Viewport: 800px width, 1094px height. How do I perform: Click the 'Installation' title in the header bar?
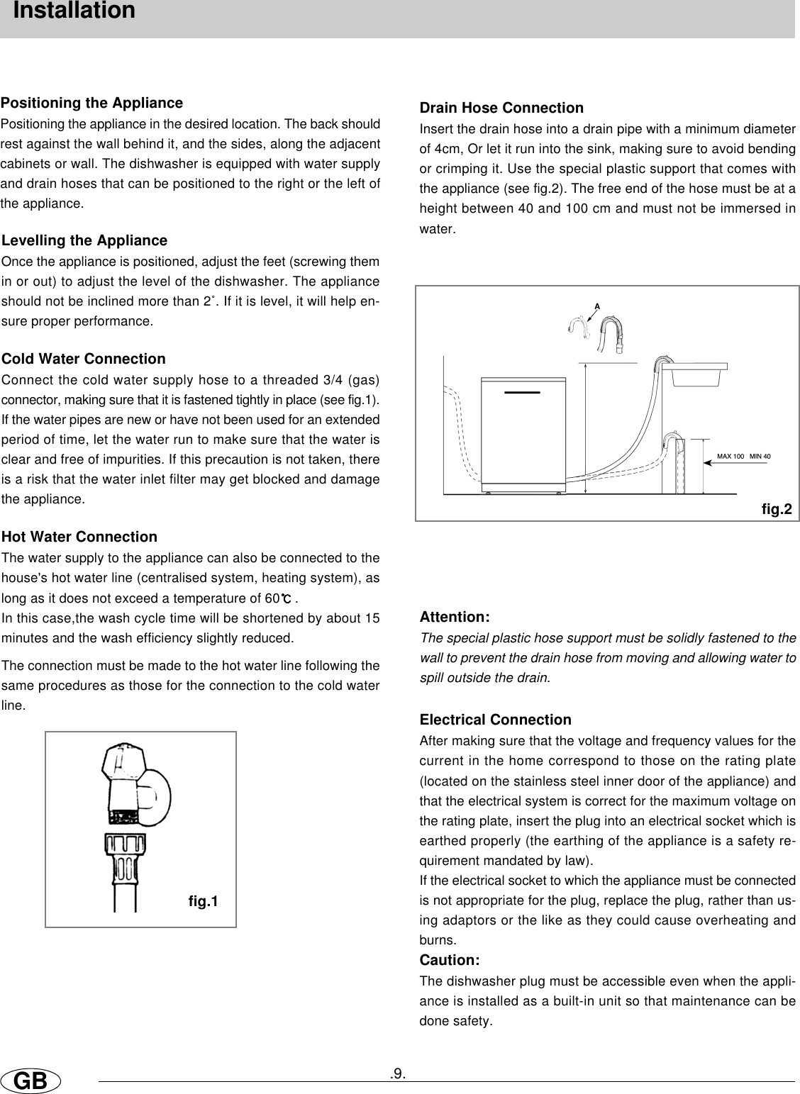74,11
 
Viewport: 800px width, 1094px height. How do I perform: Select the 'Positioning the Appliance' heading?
92,104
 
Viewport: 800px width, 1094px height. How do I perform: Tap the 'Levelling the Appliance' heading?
85,241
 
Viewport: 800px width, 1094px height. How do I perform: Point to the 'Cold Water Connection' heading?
84,359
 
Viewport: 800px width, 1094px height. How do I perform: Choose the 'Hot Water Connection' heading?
80,537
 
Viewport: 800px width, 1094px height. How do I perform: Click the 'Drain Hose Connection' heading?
501,108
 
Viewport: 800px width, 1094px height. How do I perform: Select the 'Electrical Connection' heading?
495,720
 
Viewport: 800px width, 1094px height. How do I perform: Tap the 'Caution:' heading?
450,961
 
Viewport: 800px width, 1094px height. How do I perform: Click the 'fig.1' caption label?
204,901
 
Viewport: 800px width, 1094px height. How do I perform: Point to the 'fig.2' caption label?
776,508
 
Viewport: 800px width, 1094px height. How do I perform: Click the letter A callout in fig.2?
597,306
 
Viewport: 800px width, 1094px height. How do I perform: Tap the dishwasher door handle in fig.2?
523,392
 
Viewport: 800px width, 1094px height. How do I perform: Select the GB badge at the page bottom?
30,1081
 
